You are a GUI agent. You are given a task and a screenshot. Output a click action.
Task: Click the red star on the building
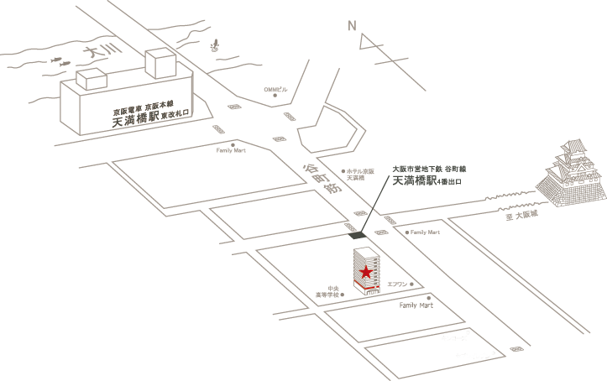(366, 273)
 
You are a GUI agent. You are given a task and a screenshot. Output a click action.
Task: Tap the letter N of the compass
(353, 26)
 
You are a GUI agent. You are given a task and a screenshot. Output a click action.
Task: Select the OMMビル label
(275, 89)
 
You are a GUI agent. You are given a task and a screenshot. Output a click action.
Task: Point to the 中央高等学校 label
(327, 292)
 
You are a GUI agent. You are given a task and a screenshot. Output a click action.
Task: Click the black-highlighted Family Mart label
(415, 305)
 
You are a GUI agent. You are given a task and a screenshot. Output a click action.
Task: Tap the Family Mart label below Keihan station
(230, 151)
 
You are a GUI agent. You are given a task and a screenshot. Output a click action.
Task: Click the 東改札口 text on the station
(176, 120)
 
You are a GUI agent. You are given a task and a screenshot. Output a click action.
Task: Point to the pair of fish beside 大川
(60, 61)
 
